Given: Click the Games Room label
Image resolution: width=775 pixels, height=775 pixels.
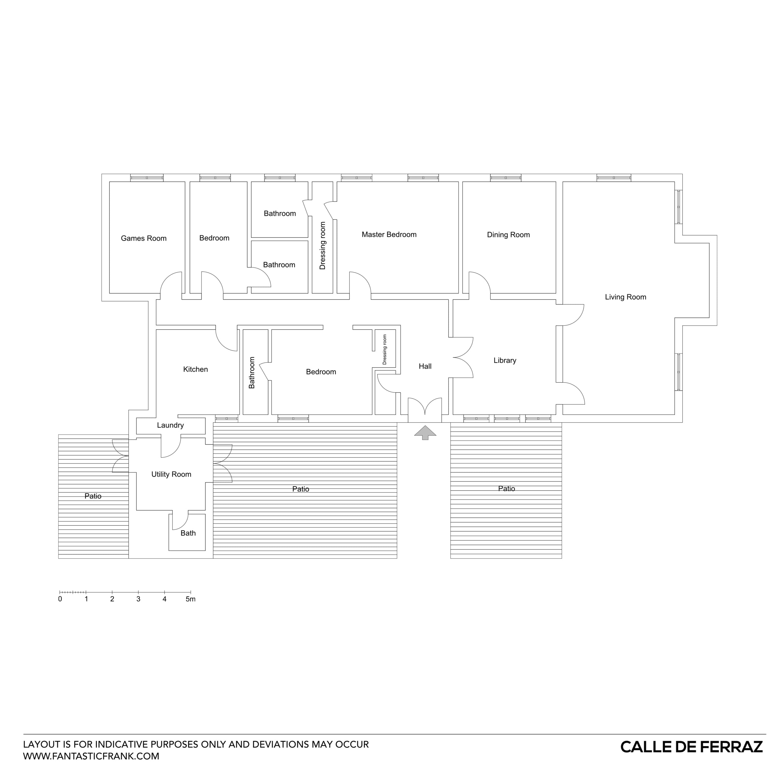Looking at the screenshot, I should pos(144,238).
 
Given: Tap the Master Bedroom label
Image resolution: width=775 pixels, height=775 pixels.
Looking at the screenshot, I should pos(389,235).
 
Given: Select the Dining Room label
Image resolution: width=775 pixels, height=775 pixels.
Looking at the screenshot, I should pos(508,235).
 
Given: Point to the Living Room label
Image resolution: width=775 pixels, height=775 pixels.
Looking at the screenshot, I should pos(625,297).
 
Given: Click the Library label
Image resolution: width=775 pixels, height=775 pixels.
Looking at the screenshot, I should pos(505,360).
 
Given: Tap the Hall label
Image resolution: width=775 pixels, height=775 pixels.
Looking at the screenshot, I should pos(425,366).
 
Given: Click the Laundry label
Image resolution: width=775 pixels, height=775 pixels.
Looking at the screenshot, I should pos(170,425).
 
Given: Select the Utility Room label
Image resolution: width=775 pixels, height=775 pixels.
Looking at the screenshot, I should pos(171,474).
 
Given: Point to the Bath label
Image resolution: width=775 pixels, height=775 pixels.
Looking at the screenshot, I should pos(188,533).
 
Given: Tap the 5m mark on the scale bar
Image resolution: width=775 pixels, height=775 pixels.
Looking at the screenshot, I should pos(191,599).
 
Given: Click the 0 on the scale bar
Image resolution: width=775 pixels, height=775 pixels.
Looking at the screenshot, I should pos(60,599).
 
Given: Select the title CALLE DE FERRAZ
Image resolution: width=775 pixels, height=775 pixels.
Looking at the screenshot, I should pos(692,747).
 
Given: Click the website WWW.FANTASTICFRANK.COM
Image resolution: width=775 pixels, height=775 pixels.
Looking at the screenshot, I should pos(91,756).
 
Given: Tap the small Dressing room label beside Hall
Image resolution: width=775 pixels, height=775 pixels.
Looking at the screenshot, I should pos(385,350).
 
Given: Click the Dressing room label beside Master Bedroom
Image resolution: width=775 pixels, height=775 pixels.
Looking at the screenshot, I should pos(322,246).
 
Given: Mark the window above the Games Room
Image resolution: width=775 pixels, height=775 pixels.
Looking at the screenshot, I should pos(147,177).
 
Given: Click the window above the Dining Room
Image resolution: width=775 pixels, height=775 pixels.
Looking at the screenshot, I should pos(505,177).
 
